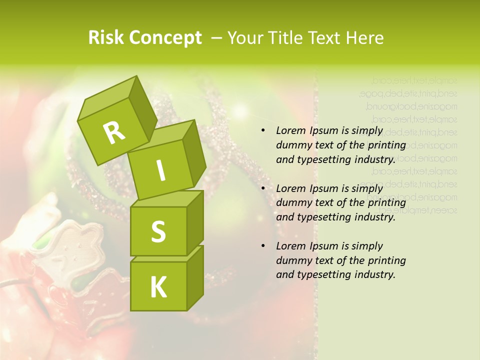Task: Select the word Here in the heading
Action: (364, 38)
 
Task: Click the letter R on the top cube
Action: (114, 132)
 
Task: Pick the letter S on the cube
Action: (158, 231)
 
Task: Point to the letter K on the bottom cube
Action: (158, 287)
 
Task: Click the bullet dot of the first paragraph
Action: (263, 131)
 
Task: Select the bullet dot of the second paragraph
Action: (263, 188)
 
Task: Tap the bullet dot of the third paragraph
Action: (263, 246)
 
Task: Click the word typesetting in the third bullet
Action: (322, 274)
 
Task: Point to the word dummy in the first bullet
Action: (292, 145)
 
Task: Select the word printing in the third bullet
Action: (387, 260)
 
